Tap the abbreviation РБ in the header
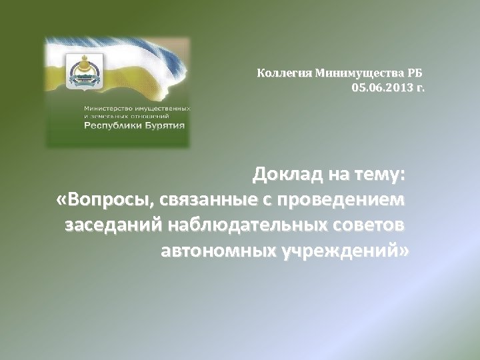(x=415, y=73)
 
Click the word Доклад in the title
(x=287, y=175)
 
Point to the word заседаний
(x=111, y=225)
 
